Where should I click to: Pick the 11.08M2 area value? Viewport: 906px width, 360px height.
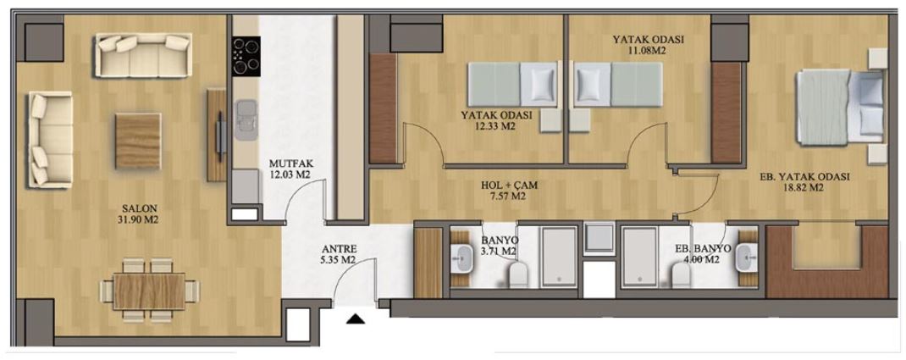649,50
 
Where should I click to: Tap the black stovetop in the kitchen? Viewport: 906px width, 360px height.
246,56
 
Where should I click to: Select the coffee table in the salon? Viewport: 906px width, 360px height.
138,141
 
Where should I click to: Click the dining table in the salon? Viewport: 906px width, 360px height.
149,291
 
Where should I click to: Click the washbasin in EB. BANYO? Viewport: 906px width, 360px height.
745,258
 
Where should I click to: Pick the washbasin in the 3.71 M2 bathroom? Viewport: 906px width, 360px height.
463,258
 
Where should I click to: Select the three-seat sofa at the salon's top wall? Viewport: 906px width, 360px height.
142,55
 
